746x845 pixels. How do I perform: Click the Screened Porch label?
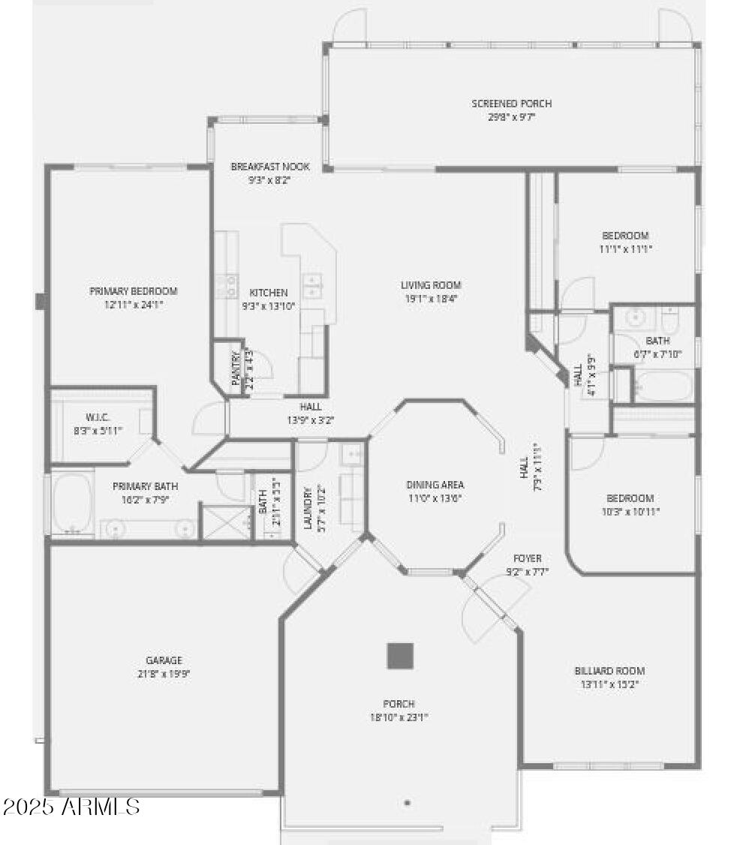tap(511, 104)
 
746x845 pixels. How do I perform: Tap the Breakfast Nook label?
tap(269, 167)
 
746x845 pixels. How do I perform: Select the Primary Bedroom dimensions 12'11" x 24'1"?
tap(133, 305)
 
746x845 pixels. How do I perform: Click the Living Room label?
tap(430, 285)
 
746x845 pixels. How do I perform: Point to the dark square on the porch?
tap(400, 656)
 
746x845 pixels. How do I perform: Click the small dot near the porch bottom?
tap(408, 803)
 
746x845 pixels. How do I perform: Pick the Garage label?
tap(164, 660)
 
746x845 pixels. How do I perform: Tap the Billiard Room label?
tap(609, 671)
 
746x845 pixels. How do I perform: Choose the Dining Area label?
tap(435, 485)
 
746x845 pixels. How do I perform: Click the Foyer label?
tap(527, 558)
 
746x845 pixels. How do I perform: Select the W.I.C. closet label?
tap(98, 417)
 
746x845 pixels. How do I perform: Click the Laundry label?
tap(307, 509)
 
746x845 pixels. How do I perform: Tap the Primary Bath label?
tap(146, 486)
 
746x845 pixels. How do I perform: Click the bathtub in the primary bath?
tap(72, 503)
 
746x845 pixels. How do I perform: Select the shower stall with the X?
tap(226, 521)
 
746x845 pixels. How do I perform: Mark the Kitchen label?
tap(268, 293)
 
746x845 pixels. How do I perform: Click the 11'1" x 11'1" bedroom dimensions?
tap(625, 248)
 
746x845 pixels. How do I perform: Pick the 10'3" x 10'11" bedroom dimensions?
tap(630, 511)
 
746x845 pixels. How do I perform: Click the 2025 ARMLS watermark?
tap(71, 807)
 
